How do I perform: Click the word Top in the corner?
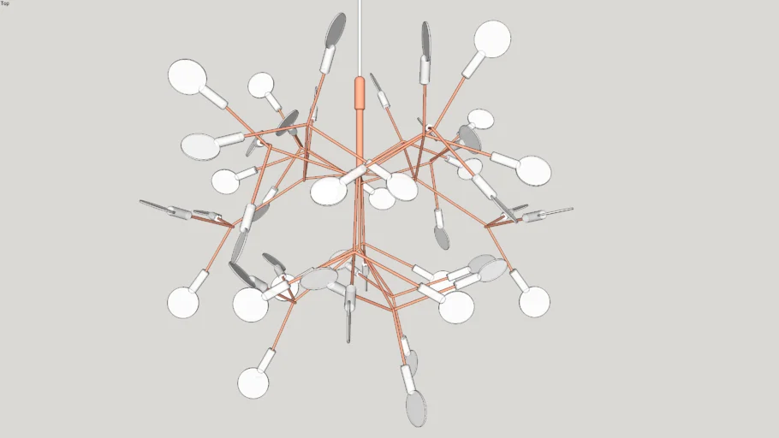[4, 3]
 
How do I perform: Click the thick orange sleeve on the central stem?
[360, 93]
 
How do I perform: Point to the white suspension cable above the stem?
[360, 38]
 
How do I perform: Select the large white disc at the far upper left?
[187, 76]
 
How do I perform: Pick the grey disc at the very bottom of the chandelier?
[416, 408]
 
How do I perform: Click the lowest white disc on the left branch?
[253, 383]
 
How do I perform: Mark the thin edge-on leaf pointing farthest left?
[156, 205]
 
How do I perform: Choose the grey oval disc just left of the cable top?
[336, 29]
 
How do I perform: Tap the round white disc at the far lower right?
[534, 301]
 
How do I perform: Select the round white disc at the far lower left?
[183, 303]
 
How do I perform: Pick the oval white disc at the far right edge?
[533, 170]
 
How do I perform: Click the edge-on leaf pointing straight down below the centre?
[349, 325]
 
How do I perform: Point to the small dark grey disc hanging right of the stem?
[441, 237]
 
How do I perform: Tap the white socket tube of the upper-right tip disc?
[473, 64]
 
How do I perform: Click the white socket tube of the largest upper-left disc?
[215, 98]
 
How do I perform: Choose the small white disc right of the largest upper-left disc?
[261, 85]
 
